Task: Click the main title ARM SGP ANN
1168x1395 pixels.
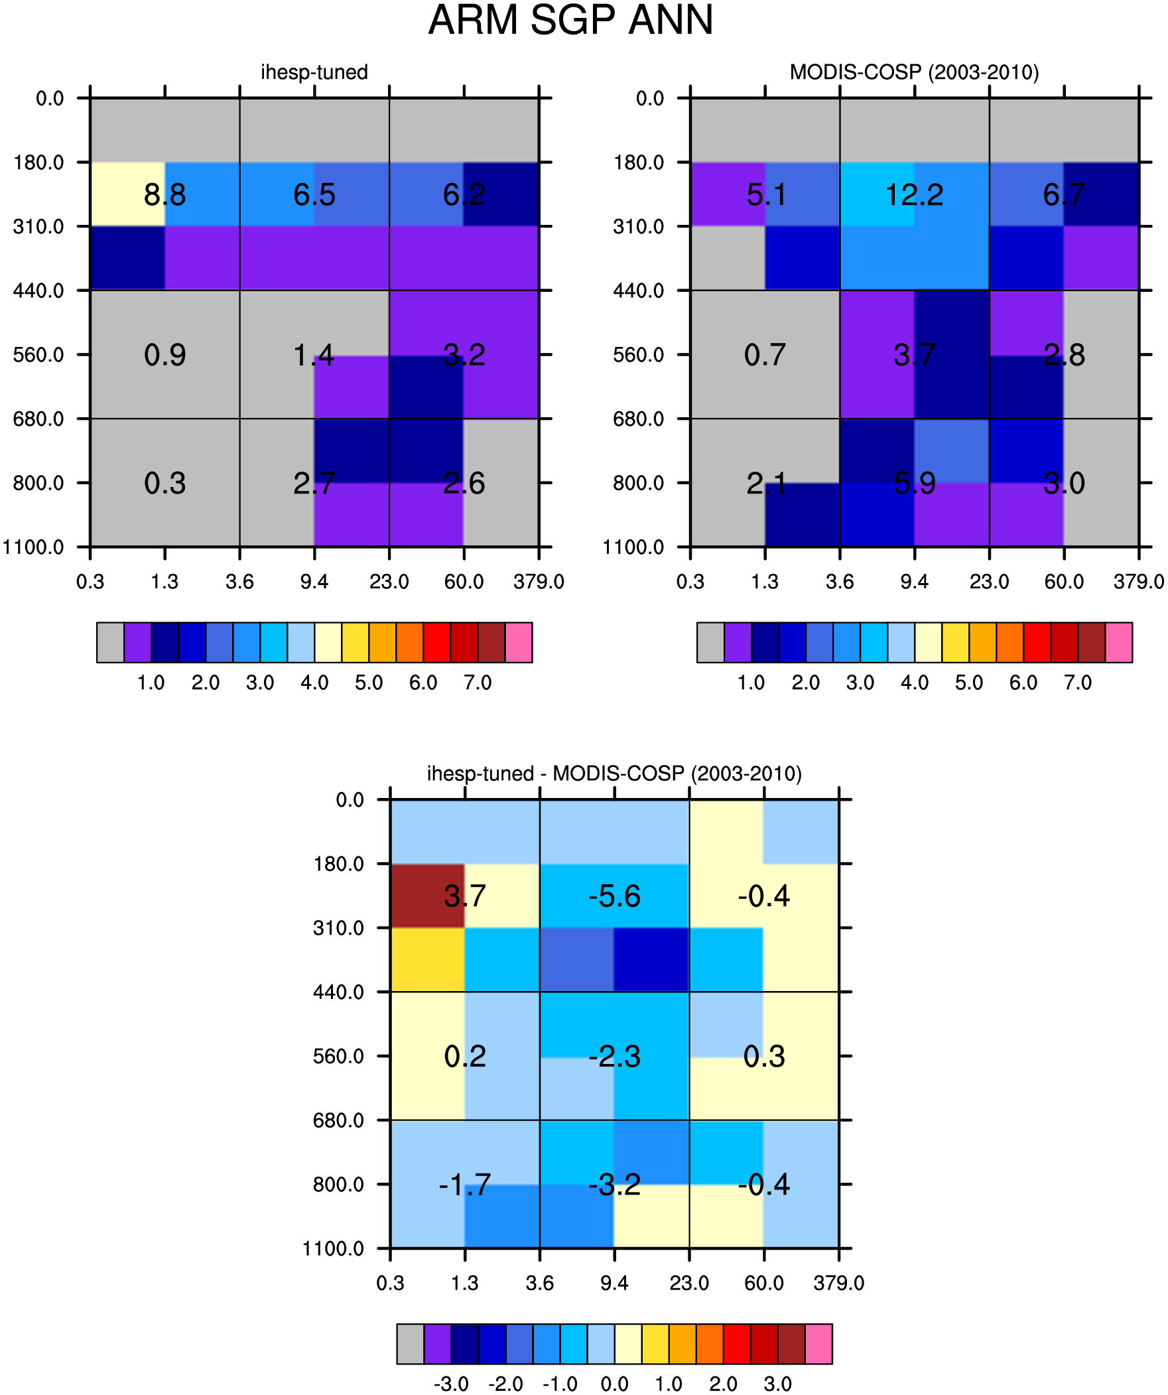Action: point(570,20)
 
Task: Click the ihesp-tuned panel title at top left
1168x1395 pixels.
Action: point(314,72)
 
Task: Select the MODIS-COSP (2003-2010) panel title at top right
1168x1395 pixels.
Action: point(914,72)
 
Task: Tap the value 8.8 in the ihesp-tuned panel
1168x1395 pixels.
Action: point(164,194)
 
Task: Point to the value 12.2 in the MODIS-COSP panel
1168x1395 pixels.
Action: point(914,194)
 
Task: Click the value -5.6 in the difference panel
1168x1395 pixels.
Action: point(615,896)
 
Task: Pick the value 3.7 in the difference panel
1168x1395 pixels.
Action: point(465,896)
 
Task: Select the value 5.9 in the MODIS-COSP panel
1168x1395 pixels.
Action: point(915,484)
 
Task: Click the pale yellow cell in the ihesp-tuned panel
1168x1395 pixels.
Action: point(127,194)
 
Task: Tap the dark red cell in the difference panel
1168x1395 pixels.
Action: point(427,896)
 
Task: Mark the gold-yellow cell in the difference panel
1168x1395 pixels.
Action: point(427,959)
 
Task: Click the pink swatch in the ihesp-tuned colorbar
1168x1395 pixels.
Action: point(519,642)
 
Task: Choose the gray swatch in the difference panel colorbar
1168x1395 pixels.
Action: point(411,1344)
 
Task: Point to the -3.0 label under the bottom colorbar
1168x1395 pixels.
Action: point(451,1384)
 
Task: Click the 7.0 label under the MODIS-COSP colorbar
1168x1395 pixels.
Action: point(1078,683)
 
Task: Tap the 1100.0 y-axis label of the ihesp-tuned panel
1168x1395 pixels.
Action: point(33,547)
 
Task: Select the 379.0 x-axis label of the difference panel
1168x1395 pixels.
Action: point(839,1284)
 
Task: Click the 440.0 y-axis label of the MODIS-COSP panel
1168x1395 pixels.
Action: point(639,291)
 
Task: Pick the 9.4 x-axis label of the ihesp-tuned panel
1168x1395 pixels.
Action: point(314,582)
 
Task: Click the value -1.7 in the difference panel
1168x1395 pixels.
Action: point(465,1185)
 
